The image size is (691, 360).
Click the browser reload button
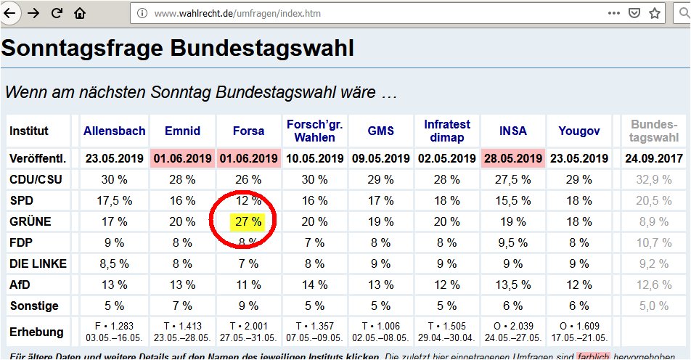click(x=57, y=13)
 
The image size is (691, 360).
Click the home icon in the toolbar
click(x=80, y=13)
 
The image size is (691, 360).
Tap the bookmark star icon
click(x=655, y=13)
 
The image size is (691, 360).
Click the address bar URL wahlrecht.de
click(x=226, y=13)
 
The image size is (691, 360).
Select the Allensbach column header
click(x=114, y=131)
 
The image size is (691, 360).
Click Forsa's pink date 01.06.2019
click(x=248, y=158)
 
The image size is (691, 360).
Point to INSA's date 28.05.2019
click(x=513, y=158)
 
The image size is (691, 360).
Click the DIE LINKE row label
click(x=38, y=264)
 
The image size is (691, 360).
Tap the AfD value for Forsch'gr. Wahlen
click(x=314, y=285)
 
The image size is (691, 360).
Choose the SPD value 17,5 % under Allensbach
click(x=114, y=200)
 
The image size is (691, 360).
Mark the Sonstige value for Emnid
click(x=181, y=306)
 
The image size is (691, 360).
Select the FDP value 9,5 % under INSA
click(x=513, y=243)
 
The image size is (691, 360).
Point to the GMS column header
click(x=380, y=131)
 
